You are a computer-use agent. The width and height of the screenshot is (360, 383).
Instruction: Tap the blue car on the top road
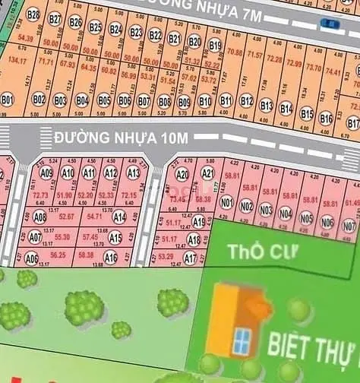[330, 24]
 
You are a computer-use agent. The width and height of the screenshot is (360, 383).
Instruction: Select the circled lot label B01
[8, 99]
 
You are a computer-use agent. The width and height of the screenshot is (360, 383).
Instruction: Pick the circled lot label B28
[33, 14]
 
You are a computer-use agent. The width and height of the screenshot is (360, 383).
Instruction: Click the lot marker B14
[286, 109]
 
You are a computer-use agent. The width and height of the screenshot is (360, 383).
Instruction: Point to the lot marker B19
[215, 46]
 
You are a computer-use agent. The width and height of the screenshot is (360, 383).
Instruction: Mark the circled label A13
[133, 173]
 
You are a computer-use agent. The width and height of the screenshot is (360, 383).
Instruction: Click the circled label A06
[31, 258]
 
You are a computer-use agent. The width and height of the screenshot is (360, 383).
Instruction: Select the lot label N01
[226, 203]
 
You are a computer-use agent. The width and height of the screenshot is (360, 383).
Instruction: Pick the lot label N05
[305, 218]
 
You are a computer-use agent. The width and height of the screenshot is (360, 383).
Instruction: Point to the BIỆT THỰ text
[311, 350]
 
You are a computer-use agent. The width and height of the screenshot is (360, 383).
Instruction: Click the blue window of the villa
[243, 341]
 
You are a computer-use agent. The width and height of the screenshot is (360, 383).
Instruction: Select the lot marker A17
[191, 258]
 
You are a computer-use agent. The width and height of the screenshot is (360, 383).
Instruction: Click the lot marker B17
[352, 123]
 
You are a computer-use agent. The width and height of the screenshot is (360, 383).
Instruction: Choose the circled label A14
[118, 217]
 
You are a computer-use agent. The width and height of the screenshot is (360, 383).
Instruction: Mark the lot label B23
[136, 32]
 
